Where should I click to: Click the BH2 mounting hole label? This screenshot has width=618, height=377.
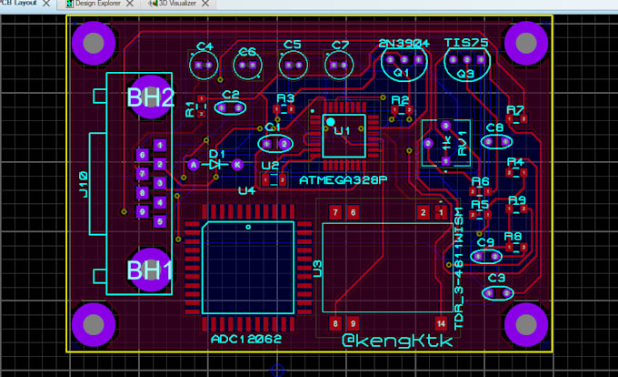click(150, 98)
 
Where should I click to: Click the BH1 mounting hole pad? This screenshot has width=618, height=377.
click(150, 270)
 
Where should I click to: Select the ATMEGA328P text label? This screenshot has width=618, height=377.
click(343, 181)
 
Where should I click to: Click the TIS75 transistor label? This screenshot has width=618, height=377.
click(466, 44)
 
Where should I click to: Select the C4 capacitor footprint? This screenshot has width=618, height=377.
click(203, 64)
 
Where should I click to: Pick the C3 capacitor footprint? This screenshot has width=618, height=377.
click(496, 293)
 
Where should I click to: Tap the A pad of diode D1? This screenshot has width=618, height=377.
click(194, 165)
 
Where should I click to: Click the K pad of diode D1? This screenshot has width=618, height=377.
click(236, 165)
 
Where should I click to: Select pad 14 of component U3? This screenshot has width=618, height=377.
click(441, 322)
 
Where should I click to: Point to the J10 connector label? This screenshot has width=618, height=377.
click(83, 185)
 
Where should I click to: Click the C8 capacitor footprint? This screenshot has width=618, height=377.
click(496, 141)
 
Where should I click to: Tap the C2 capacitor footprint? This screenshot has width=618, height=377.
click(232, 107)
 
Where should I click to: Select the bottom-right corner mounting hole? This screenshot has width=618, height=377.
click(525, 322)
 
